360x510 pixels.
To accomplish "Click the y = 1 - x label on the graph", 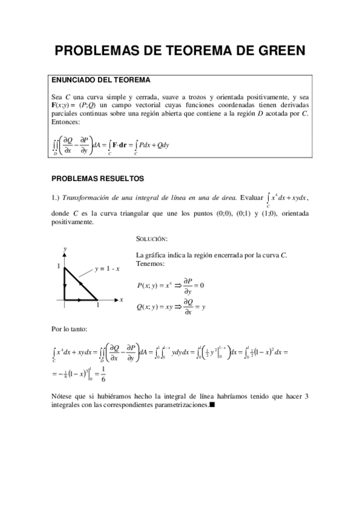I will point(107,269).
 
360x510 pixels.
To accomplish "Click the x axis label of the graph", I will point(121,299).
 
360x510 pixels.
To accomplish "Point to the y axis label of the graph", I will point(64,248).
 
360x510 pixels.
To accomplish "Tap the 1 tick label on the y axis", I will point(58,266).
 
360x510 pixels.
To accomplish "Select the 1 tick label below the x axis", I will point(98,306).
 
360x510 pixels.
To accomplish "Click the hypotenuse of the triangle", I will point(81,283).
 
